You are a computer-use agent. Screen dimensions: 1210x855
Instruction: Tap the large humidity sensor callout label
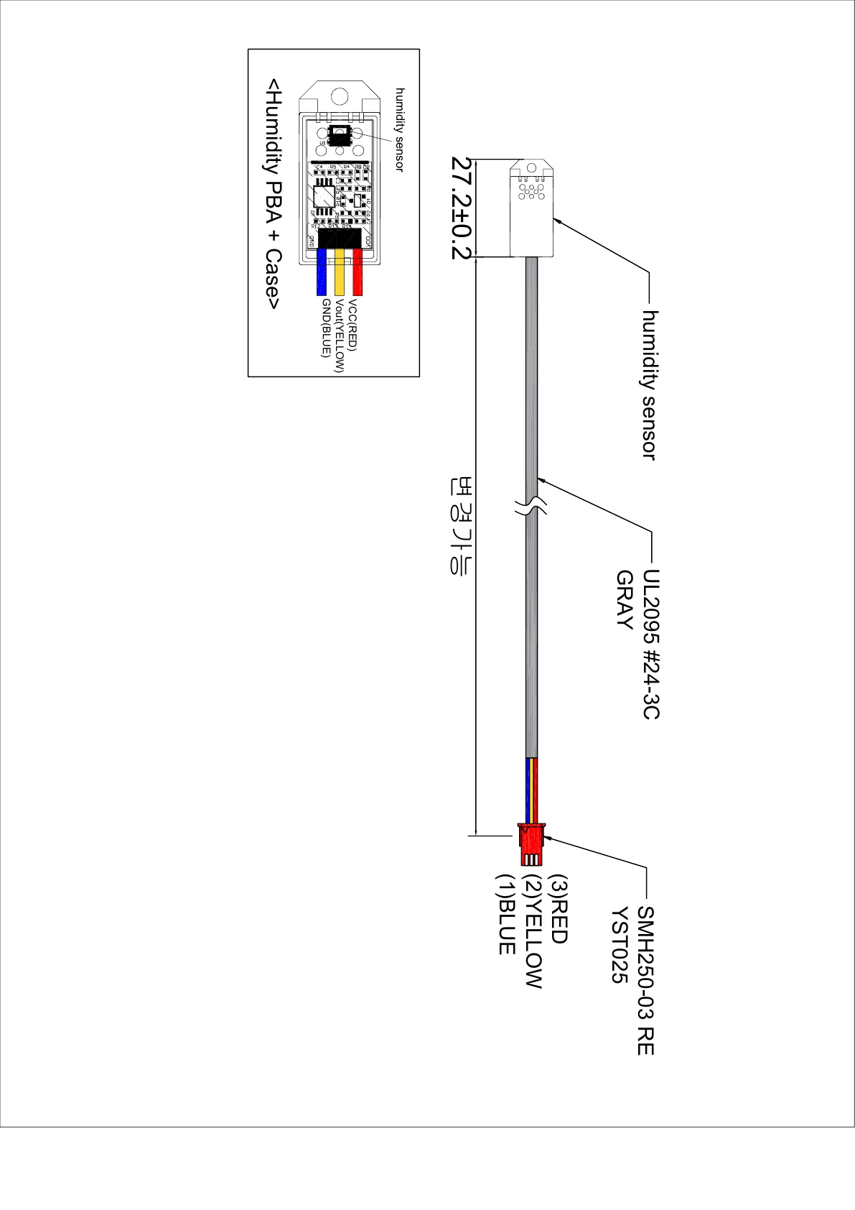[x=649, y=384]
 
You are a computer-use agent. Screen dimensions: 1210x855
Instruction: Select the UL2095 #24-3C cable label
[x=650, y=644]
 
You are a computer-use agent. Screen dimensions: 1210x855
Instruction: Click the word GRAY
[x=625, y=600]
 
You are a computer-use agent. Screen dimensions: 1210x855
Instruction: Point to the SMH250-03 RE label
[x=645, y=980]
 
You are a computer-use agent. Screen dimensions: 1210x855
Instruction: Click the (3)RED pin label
[x=558, y=909]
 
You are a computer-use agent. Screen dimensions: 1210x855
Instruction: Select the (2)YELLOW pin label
[x=532, y=931]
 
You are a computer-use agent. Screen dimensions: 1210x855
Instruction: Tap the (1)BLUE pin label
[x=506, y=914]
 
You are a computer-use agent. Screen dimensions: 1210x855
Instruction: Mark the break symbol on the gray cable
[x=531, y=504]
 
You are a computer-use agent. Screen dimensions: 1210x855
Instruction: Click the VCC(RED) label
[x=352, y=324]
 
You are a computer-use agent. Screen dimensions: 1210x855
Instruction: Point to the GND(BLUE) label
[x=325, y=328]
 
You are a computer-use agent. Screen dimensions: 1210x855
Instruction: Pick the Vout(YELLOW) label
[x=339, y=336]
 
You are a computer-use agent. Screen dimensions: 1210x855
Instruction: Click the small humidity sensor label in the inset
[x=400, y=129]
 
